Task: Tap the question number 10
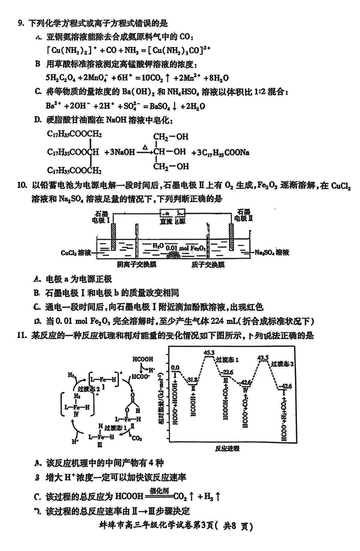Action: [22, 185]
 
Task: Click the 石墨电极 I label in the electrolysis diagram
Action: [103, 216]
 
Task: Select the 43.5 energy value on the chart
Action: [263, 358]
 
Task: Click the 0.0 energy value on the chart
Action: [175, 367]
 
